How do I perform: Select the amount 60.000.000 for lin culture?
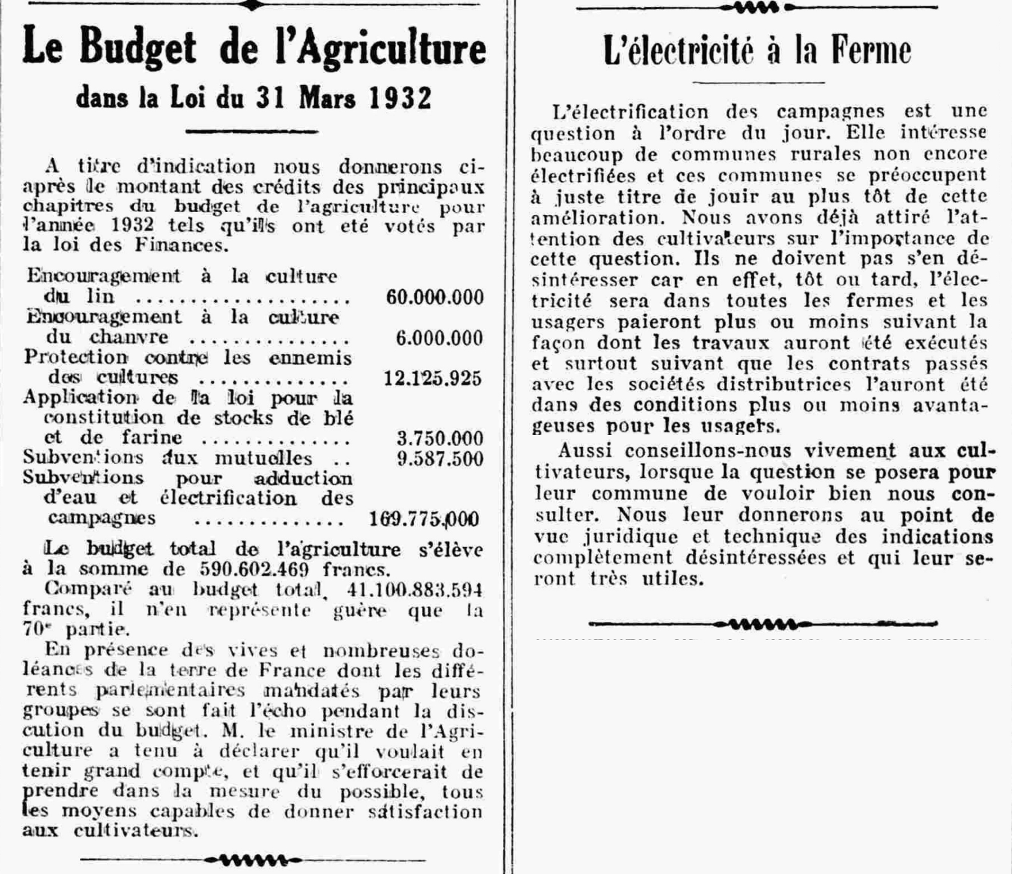tap(434, 297)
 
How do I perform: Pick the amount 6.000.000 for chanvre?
tap(439, 338)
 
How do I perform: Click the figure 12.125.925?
tap(433, 379)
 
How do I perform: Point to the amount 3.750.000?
tap(440, 439)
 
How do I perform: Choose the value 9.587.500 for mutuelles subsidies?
tap(440, 459)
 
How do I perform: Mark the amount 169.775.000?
tap(424, 519)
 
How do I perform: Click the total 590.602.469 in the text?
tap(255, 570)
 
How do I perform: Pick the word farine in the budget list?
tap(152, 438)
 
